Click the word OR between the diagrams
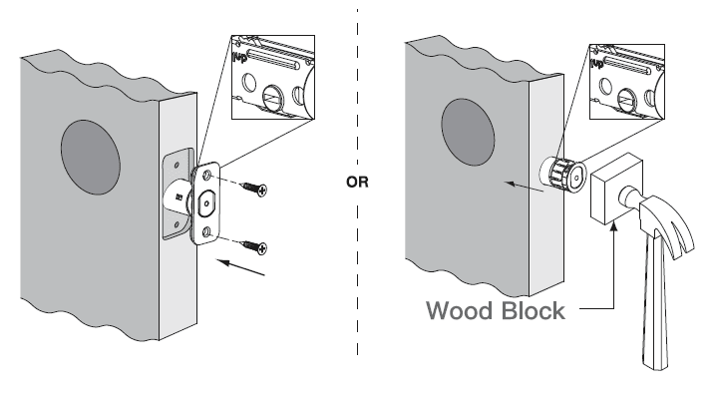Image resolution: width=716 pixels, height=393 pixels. click(357, 182)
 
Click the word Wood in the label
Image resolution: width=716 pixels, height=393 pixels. click(461, 311)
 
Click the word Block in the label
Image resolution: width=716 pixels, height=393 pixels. click(533, 311)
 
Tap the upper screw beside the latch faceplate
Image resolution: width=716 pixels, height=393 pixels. click(254, 188)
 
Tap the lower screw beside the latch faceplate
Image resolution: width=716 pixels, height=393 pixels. click(254, 246)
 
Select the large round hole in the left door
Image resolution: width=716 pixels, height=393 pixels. click(91, 158)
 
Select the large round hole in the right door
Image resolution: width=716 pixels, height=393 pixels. click(468, 132)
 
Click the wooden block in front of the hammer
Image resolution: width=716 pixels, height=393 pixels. click(615, 189)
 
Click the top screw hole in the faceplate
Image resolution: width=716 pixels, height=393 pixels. click(207, 175)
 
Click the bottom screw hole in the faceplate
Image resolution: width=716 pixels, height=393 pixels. click(207, 232)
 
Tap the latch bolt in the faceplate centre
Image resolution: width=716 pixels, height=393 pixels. click(207, 203)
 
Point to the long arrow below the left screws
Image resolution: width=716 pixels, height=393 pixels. click(240, 267)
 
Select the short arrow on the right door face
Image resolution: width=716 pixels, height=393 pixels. click(524, 187)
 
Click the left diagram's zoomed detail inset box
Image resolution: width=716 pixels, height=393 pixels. click(273, 77)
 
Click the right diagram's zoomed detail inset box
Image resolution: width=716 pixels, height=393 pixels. click(627, 82)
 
